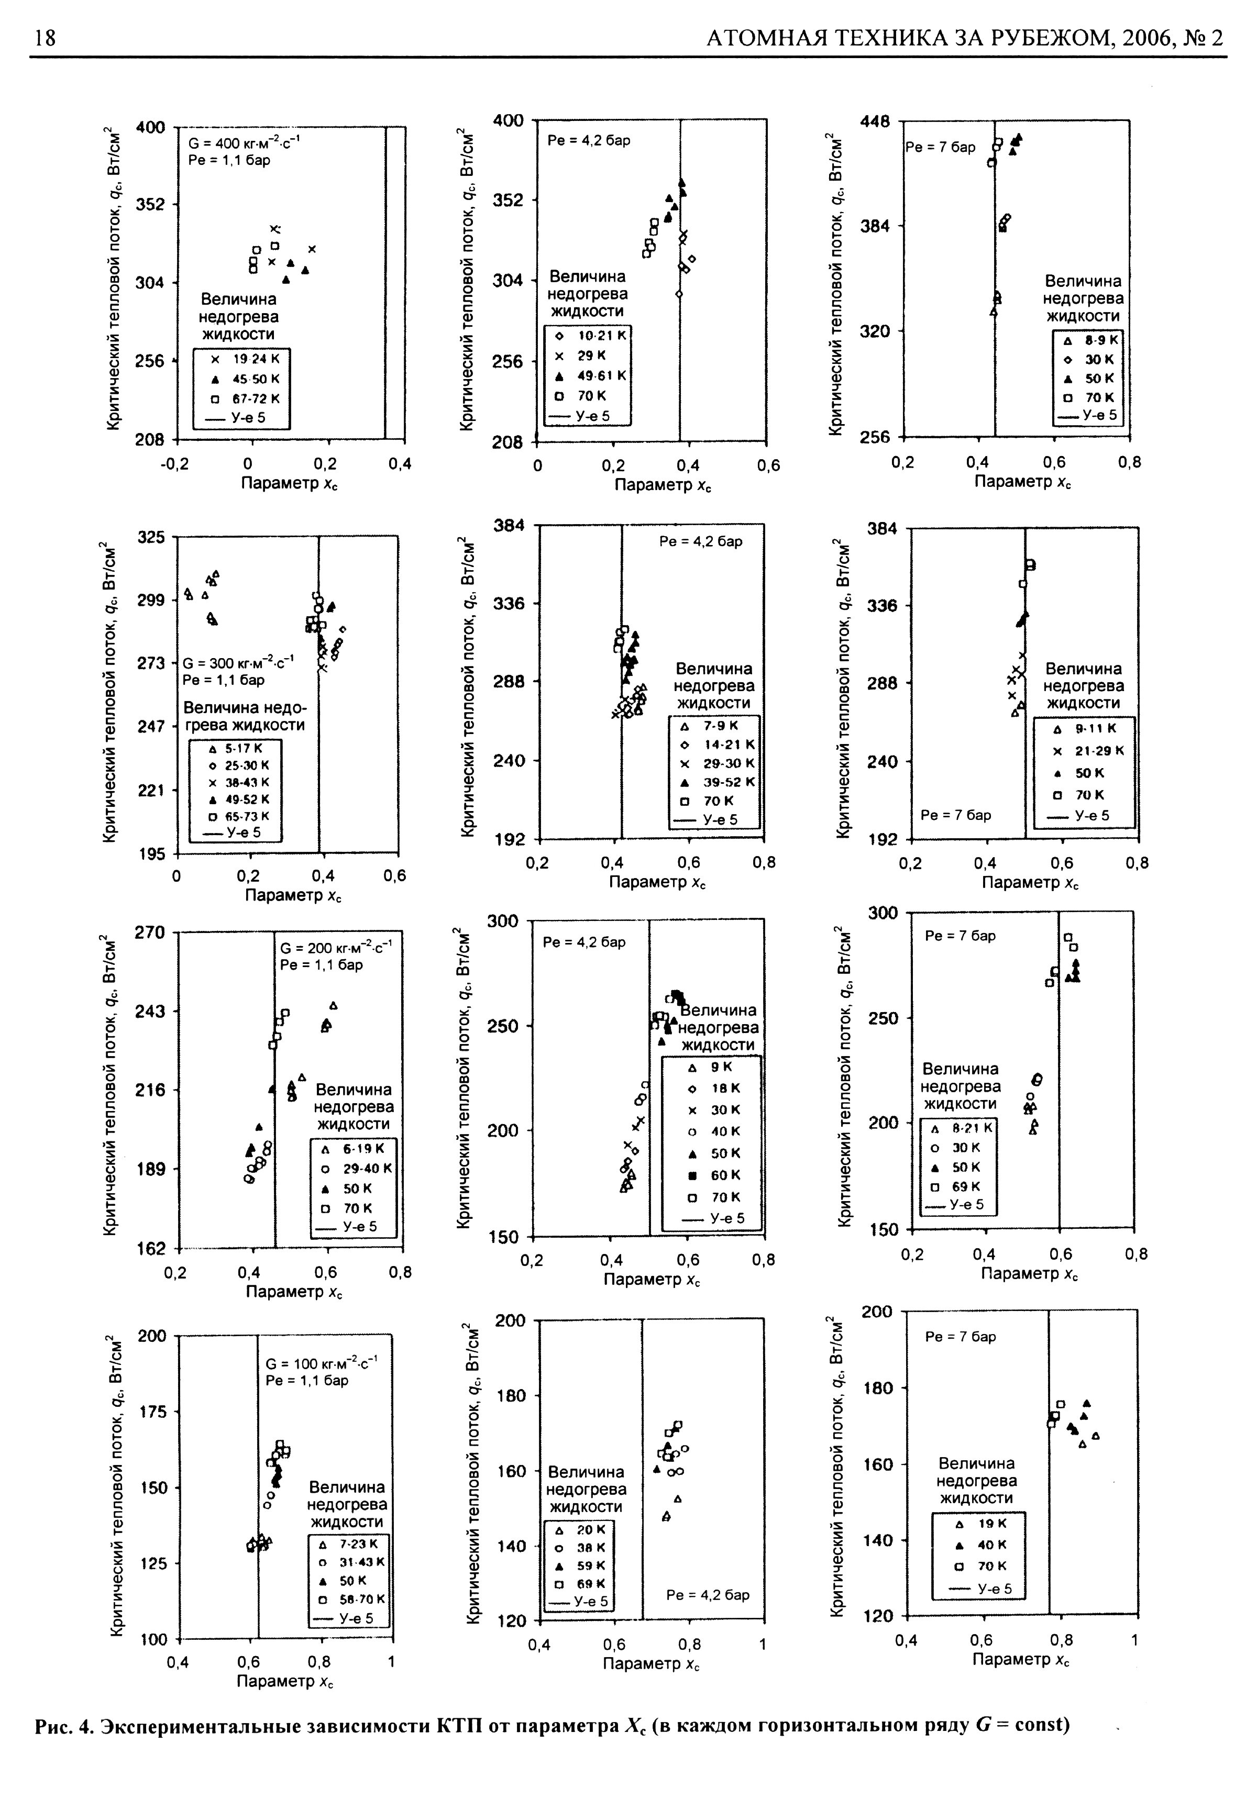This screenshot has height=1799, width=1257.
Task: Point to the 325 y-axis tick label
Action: point(151,538)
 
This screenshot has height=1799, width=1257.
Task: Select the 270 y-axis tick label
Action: point(151,932)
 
